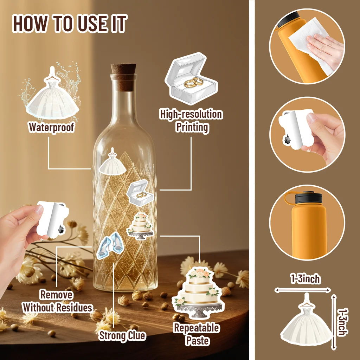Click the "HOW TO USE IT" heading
[70, 24]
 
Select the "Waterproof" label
[51, 127]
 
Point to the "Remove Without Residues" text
[57, 301]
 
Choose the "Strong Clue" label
[122, 335]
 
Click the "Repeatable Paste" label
[197, 334]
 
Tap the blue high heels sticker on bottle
[108, 245]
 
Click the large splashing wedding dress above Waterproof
[52, 95]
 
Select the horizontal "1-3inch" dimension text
[305, 279]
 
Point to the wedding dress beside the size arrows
[306, 322]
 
